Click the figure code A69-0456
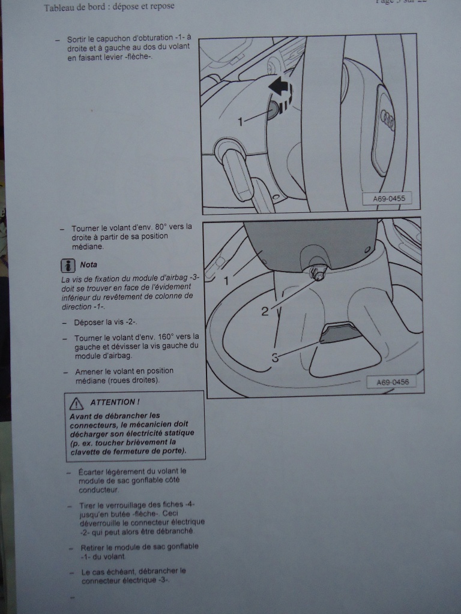(392, 382)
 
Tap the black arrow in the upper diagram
(279, 88)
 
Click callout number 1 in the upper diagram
(241, 122)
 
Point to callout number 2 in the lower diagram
(265, 312)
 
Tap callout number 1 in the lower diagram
(227, 280)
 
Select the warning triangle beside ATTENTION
(76, 402)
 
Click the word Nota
(88, 264)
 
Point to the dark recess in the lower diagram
(340, 333)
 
